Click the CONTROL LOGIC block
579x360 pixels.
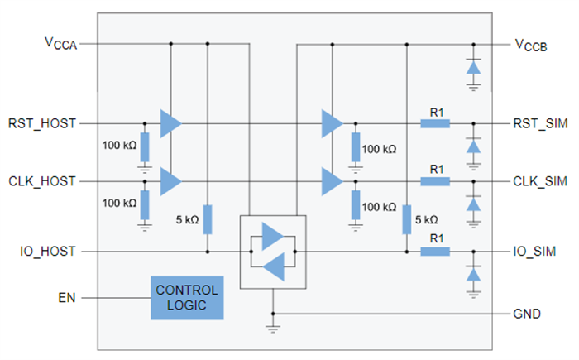(x=187, y=298)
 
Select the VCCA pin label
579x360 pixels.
(x=61, y=43)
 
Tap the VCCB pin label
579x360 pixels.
(x=536, y=43)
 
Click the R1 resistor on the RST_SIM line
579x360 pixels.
(x=434, y=124)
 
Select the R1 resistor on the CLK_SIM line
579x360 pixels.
(x=434, y=180)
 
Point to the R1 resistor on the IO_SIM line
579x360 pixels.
(x=434, y=251)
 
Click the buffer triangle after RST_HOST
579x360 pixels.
(x=170, y=124)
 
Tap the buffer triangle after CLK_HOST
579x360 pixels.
(x=170, y=180)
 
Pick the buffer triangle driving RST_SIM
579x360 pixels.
(x=332, y=124)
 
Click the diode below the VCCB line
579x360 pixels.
(x=473, y=69)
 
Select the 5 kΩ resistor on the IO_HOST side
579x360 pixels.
(x=207, y=219)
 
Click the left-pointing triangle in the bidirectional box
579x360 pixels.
(x=274, y=266)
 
